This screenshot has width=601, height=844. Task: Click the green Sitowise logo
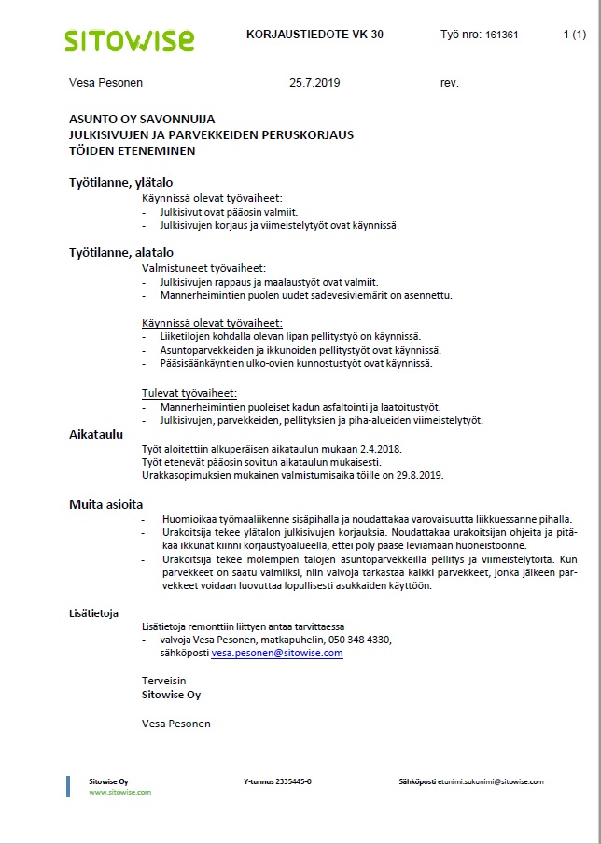130,39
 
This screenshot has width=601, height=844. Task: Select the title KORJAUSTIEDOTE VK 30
314,35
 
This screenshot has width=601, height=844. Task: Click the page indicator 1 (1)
575,35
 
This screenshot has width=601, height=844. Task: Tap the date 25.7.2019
315,83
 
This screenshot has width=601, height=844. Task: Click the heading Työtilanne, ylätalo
121,182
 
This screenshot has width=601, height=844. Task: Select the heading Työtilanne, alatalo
121,252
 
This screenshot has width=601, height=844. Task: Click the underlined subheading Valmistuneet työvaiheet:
203,267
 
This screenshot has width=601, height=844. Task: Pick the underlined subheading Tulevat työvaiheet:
189,393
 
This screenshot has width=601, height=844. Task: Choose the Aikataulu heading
97,434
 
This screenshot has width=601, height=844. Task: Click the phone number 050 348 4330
358,640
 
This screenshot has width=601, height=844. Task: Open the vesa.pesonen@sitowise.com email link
277,654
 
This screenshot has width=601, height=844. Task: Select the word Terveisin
164,681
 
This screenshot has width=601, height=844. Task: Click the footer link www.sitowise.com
119,792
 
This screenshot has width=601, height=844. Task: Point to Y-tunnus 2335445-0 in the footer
277,781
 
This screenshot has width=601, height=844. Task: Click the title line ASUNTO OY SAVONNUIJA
142,120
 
